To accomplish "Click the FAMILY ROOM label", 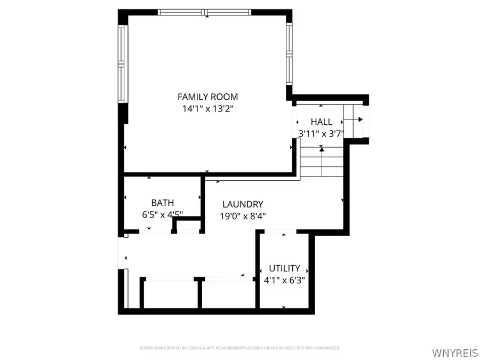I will (x=207, y=97).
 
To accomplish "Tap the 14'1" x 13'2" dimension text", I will (x=207, y=108).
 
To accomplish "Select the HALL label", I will (x=321, y=122).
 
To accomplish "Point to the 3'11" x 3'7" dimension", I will (x=321, y=133).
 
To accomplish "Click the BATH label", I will (x=162, y=203).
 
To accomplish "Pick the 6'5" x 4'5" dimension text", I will (x=162, y=214).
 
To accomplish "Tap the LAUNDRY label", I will (x=243, y=204).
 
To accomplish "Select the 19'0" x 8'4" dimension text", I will (x=243, y=215).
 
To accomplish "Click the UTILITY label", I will (x=284, y=268).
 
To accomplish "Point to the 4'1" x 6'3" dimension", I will (x=284, y=279).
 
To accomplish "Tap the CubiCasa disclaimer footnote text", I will (x=239, y=348).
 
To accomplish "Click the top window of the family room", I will (x=205, y=12).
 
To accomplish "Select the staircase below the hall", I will (x=321, y=163).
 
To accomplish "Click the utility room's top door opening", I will (x=283, y=231).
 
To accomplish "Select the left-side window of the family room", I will (x=121, y=65).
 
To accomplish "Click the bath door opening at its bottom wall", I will (x=155, y=231).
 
